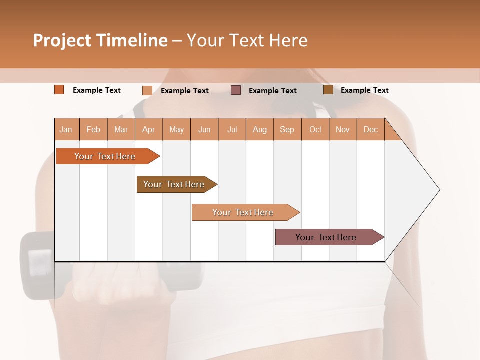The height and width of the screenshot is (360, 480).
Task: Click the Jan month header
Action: [66, 129]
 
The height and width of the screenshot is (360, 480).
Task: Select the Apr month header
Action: [148, 129]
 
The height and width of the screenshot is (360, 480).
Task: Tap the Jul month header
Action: [232, 129]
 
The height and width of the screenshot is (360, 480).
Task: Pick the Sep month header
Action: [287, 129]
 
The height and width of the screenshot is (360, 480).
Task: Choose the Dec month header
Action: [370, 129]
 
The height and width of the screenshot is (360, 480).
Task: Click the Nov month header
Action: [342, 129]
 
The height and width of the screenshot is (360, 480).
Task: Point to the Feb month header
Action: [93, 129]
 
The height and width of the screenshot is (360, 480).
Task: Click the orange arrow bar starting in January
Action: [105, 156]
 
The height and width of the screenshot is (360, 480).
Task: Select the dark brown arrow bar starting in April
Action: [174, 184]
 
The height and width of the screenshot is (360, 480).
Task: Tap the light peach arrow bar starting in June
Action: [243, 212]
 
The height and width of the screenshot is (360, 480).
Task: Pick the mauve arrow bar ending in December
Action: [326, 237]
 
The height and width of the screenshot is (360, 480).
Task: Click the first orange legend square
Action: [59, 90]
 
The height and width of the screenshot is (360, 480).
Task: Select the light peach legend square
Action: [147, 90]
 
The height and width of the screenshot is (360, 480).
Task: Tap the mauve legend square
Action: [236, 90]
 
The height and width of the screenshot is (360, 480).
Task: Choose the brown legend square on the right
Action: [328, 90]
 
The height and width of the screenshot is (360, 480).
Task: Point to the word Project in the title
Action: [62, 40]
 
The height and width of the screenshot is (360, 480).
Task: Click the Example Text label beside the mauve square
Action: [273, 91]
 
